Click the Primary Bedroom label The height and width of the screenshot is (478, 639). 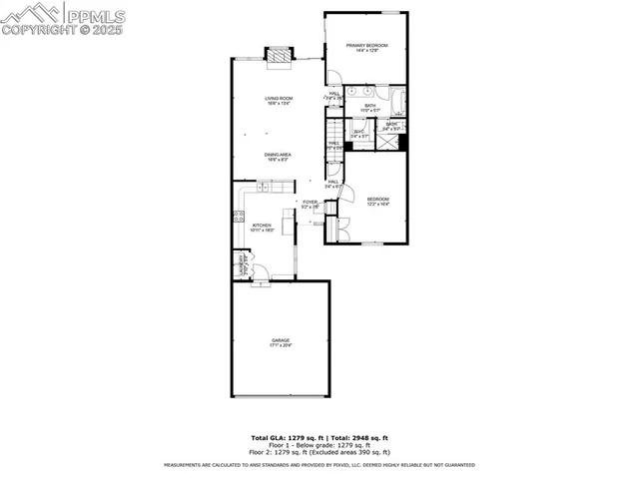point(366,47)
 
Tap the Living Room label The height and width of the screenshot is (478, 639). point(279,99)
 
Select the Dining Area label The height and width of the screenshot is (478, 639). point(279,155)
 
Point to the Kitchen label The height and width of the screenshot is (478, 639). point(263,227)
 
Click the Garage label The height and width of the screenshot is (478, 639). point(281,341)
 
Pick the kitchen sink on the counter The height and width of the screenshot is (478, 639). point(265,187)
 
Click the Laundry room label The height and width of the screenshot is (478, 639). point(240,264)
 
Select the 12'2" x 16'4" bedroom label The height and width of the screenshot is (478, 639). point(376,201)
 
